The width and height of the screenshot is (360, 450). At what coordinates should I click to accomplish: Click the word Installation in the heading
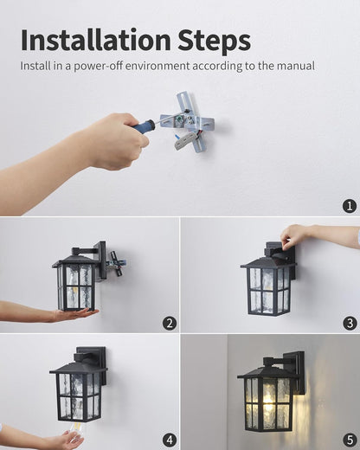coord(96,40)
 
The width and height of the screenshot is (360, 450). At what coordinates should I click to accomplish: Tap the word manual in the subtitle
coord(292,66)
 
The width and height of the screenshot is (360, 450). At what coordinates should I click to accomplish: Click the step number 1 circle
coord(349,206)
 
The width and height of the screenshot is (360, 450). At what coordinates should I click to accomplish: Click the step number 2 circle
coord(170,324)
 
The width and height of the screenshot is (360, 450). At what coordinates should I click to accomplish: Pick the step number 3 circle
coord(350,324)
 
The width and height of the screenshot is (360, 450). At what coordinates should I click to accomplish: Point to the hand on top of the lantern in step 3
coord(297,234)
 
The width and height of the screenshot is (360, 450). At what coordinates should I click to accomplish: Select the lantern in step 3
coord(268,281)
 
